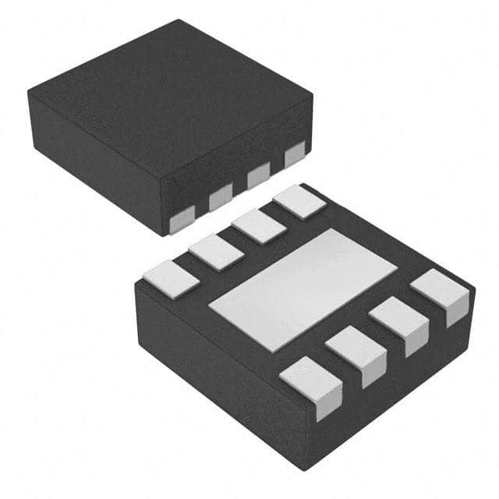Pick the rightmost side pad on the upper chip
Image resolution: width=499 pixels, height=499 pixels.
295,155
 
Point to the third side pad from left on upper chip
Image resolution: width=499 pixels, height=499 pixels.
258,177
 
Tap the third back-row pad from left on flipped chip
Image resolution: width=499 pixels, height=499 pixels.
258,226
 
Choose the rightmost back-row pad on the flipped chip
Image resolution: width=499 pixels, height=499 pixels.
299,201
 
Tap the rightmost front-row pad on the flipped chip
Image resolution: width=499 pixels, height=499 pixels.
441,293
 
